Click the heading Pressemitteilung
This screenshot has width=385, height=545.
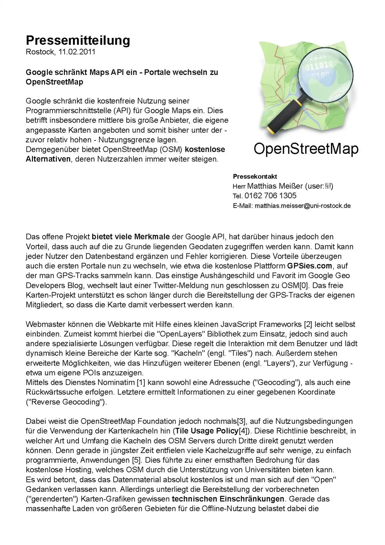click(x=78, y=40)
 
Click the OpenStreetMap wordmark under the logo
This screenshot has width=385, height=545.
click(x=306, y=149)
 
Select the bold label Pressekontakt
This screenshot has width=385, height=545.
click(x=255, y=177)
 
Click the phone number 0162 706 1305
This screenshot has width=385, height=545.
click(x=270, y=196)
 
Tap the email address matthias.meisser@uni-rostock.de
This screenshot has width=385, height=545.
click(x=302, y=206)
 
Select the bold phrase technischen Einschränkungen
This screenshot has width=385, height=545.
click(x=228, y=499)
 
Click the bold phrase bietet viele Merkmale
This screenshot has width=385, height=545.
click(x=131, y=237)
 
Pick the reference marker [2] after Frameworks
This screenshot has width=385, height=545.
click(x=308, y=324)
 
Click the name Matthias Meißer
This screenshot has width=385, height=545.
click(x=275, y=186)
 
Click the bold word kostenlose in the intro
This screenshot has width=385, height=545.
click(x=205, y=149)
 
